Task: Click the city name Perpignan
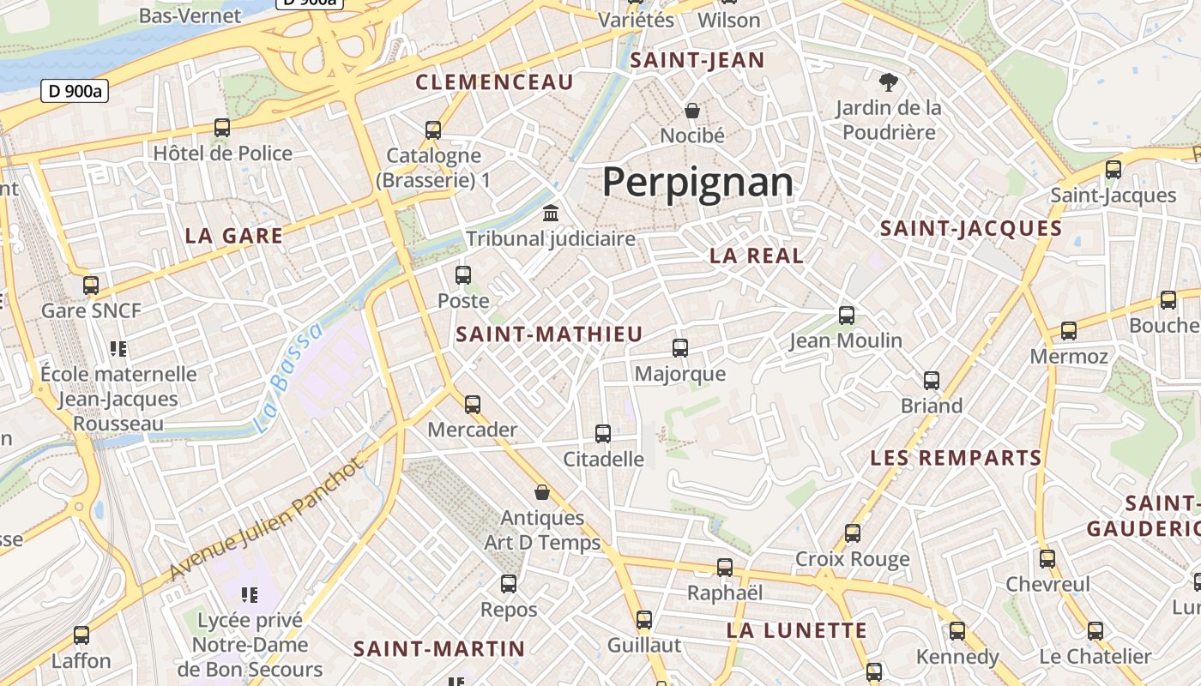click(697, 182)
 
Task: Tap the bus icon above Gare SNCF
click(91, 285)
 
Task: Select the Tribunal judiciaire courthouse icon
click(551, 213)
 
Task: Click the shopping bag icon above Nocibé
click(692, 111)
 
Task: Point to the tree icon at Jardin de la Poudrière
click(889, 82)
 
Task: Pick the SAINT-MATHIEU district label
click(549, 334)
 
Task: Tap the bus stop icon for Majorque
click(680, 347)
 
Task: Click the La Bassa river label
click(290, 377)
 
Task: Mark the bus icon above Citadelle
click(603, 434)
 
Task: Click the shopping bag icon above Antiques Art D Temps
click(542, 492)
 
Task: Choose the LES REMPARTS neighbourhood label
click(956, 458)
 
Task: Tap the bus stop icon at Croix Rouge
click(853, 533)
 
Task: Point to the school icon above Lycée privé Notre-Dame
click(250, 594)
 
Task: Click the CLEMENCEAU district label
click(494, 82)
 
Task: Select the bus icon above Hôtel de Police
click(222, 128)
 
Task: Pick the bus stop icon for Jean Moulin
click(847, 315)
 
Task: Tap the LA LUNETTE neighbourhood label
click(797, 631)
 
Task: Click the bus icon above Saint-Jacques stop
click(1113, 169)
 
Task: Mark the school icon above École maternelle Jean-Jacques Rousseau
click(118, 348)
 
